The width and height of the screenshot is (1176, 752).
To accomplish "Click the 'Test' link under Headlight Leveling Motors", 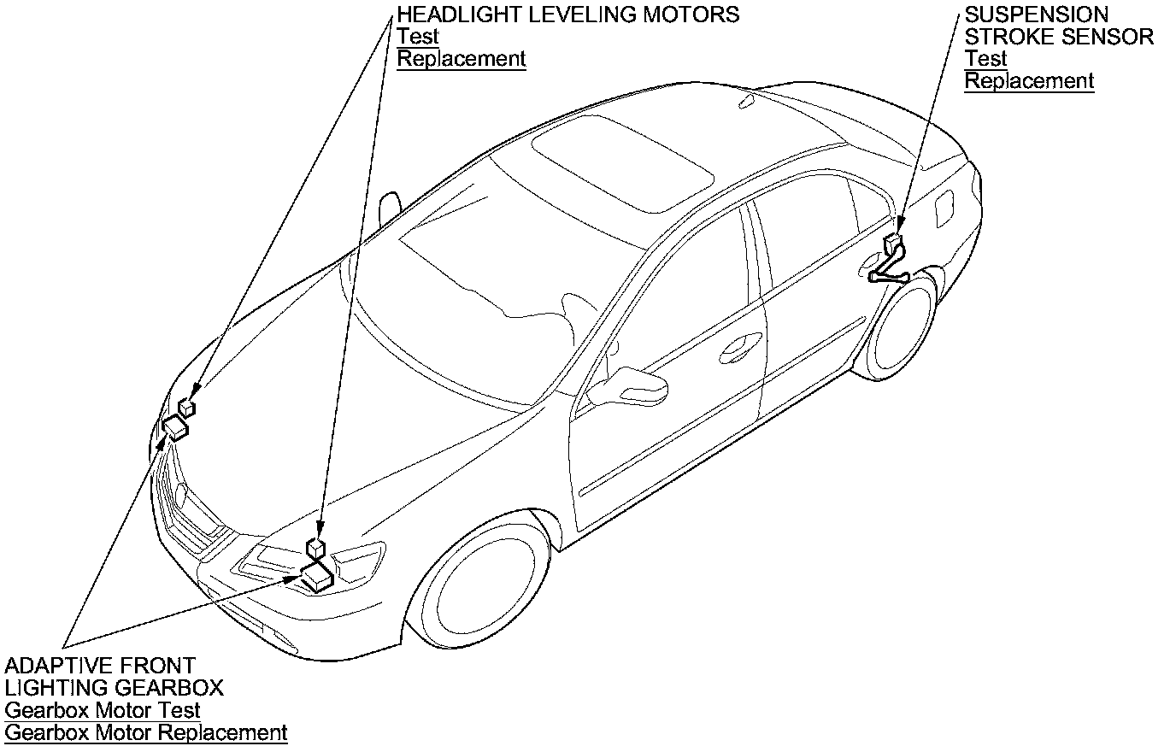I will click(x=418, y=37).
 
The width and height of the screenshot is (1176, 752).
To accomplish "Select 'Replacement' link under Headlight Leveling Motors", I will click(x=462, y=59).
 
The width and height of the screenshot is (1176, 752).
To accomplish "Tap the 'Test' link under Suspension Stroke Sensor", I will click(x=985, y=59).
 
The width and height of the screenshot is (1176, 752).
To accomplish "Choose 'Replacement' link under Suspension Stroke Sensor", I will click(x=1029, y=81).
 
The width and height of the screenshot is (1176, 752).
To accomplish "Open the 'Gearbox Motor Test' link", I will click(x=103, y=710).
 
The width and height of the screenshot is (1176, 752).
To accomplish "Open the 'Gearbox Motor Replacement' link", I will click(x=146, y=732).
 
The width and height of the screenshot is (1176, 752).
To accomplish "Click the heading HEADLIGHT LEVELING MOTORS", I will click(x=567, y=15).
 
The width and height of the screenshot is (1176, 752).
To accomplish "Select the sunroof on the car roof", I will click(x=622, y=162).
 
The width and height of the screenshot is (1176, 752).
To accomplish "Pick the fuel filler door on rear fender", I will click(x=944, y=209).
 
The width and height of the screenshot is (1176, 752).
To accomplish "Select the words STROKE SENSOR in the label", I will click(x=1059, y=37).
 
